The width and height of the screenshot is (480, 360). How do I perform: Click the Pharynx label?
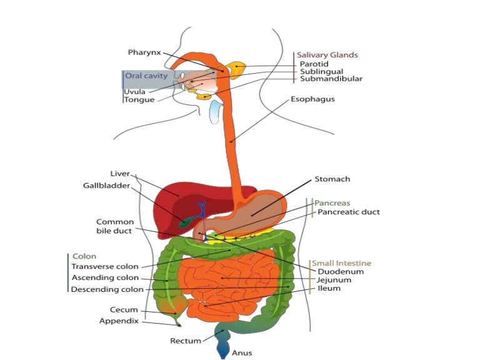pyautogui.click(x=145, y=52)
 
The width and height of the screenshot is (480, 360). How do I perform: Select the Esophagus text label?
pyautogui.click(x=312, y=99)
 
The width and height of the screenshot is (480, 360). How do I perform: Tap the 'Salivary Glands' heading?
pyautogui.click(x=327, y=55)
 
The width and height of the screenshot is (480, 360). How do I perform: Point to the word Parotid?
pyautogui.click(x=314, y=64)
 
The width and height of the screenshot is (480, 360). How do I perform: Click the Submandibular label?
pyautogui.click(x=331, y=79)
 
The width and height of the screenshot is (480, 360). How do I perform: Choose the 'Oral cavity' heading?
pyautogui.click(x=146, y=76)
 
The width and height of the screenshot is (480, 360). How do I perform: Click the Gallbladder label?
pyautogui.click(x=107, y=185)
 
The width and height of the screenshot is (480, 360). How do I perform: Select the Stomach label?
pyautogui.click(x=332, y=179)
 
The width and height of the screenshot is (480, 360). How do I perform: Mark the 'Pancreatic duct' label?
pyautogui.click(x=348, y=212)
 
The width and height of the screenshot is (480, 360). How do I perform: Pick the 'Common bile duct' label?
pyautogui.click(x=114, y=226)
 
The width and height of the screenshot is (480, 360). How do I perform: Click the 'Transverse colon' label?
pyautogui.click(x=105, y=267)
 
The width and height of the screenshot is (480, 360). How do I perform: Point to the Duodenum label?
pyautogui.click(x=341, y=272)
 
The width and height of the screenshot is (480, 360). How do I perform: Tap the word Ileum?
pyautogui.click(x=329, y=289)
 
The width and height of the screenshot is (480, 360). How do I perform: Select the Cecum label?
pyautogui.click(x=124, y=310)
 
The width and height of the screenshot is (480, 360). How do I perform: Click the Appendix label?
pyautogui.click(x=119, y=321)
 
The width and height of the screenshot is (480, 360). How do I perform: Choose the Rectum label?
pyautogui.click(x=186, y=341)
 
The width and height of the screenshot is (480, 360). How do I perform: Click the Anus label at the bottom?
pyautogui.click(x=242, y=353)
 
